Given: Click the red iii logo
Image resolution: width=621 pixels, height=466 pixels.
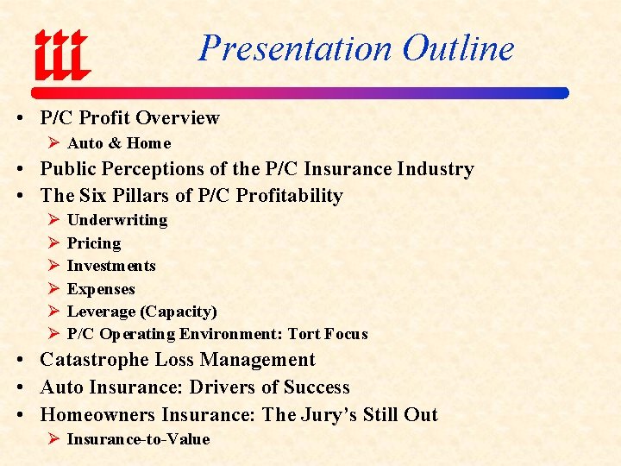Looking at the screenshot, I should click(61, 54).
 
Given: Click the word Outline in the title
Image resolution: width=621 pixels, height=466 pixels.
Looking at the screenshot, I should click(459, 47).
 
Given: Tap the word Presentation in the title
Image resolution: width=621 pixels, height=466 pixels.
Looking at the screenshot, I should click(293, 47).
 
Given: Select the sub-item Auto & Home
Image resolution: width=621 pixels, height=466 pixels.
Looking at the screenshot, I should click(119, 143).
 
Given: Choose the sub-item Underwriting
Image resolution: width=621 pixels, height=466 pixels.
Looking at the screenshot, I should click(117, 220).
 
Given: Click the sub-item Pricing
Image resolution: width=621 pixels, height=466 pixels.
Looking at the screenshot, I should click(94, 243).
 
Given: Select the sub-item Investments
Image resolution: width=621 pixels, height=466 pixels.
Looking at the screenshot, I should click(111, 266).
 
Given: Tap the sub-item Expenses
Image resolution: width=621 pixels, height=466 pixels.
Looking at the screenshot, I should click(101, 289).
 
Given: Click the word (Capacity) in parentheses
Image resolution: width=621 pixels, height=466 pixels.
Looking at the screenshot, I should click(179, 312).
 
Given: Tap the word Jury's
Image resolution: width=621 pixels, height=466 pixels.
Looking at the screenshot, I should click(333, 415).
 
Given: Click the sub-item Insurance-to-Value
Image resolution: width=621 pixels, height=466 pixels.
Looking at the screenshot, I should click(138, 439).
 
